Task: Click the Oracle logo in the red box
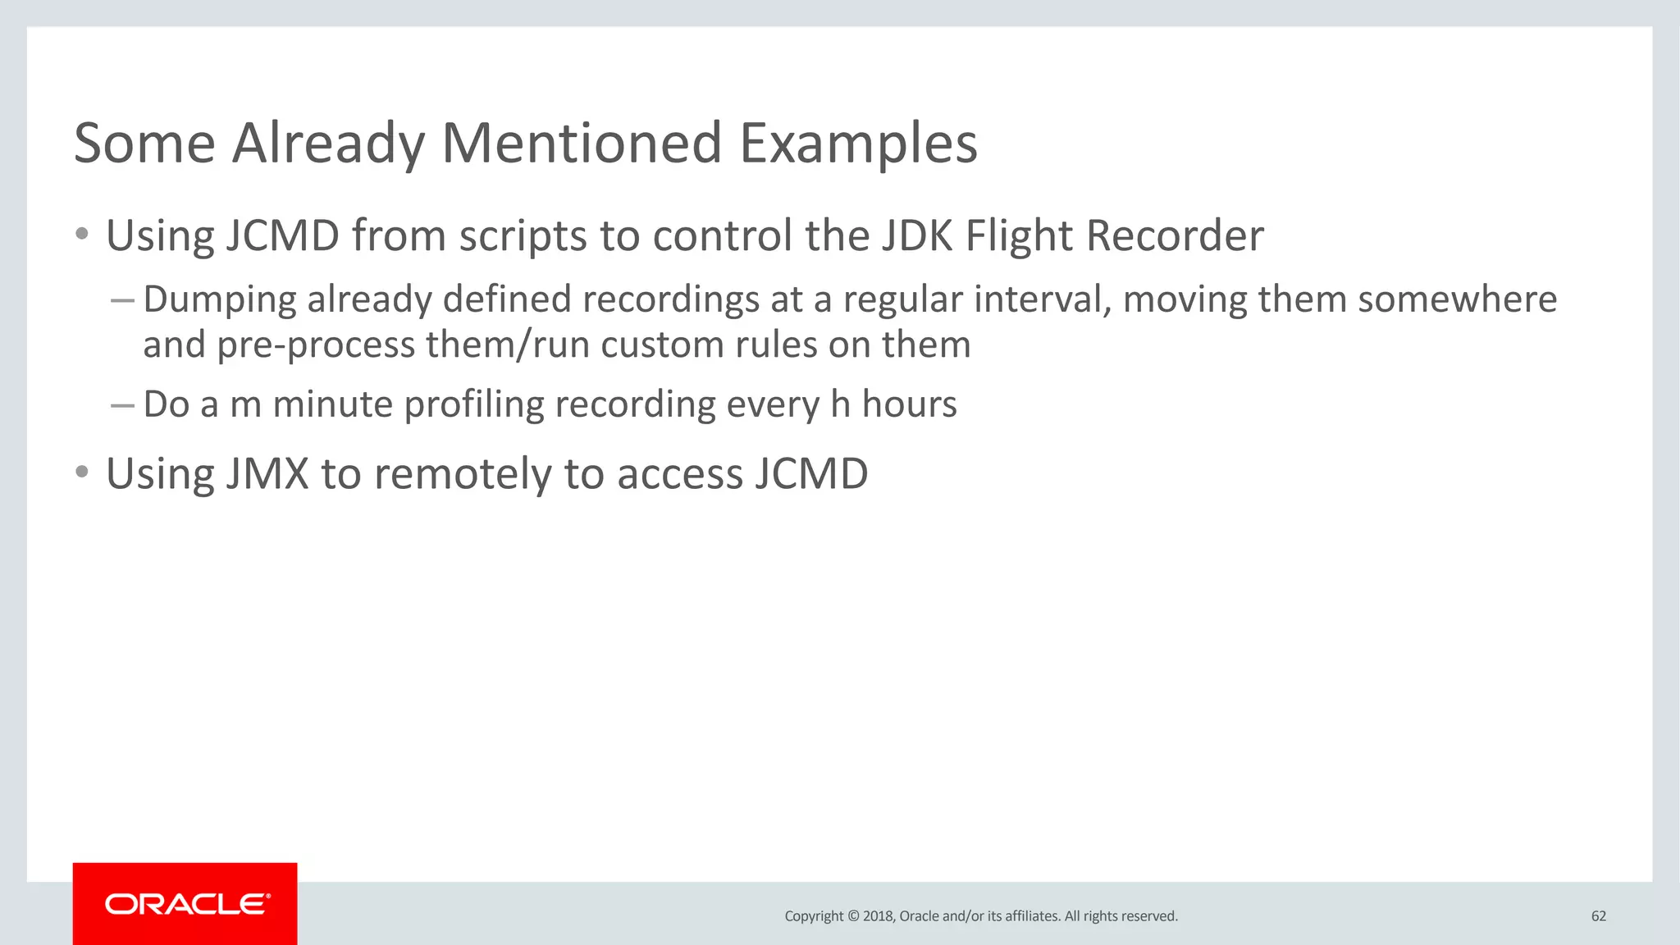point(187,904)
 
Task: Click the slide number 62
point(1598,916)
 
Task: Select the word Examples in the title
point(858,144)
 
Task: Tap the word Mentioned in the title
point(582,144)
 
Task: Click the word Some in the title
point(144,144)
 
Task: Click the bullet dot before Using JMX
point(81,472)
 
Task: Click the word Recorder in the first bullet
point(1175,236)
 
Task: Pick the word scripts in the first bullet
point(523,236)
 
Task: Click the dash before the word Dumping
point(122,301)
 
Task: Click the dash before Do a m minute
point(122,405)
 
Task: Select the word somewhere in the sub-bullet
point(1457,299)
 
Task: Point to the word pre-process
point(316,345)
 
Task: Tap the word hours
point(909,404)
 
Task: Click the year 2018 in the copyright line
point(878,916)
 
